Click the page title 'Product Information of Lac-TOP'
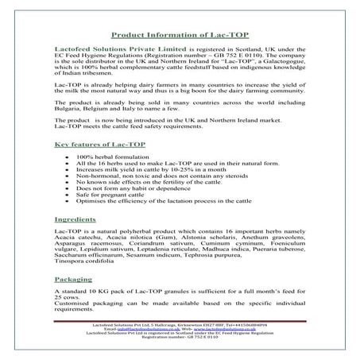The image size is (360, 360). click(180, 35)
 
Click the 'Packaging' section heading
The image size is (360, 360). click(74, 281)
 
